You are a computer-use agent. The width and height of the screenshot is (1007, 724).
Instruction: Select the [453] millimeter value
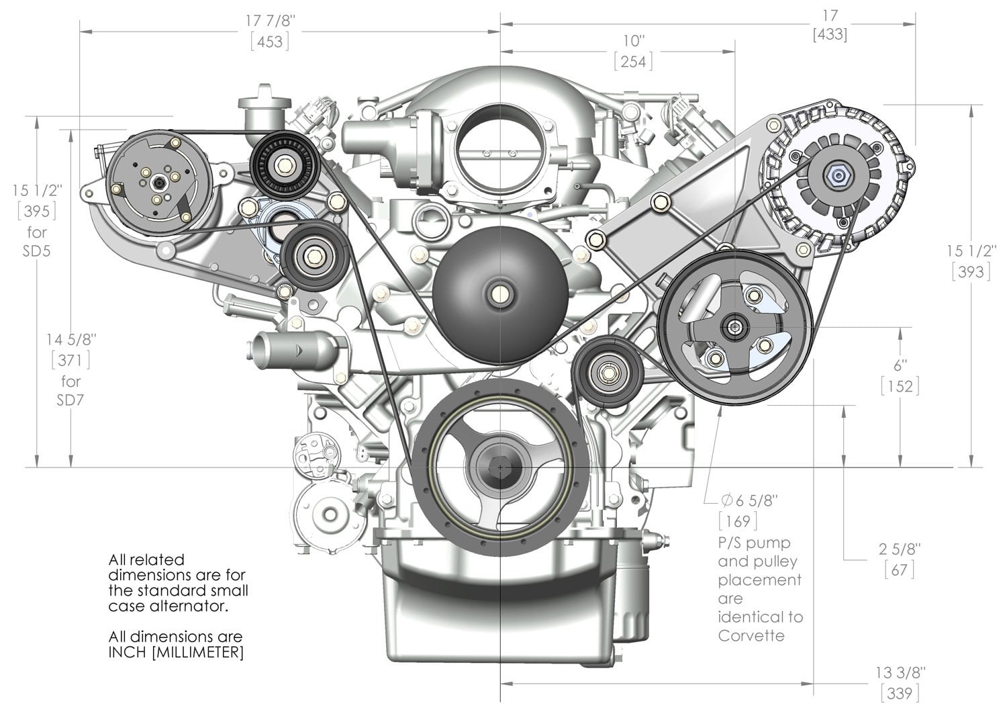tap(270, 42)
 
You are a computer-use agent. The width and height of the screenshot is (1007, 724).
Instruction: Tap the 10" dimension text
tap(632, 40)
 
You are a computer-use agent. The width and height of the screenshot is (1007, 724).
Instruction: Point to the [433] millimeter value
tap(829, 34)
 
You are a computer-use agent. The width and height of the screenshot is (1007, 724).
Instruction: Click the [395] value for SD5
tap(36, 212)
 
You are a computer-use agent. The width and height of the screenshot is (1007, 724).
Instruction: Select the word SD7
tap(70, 401)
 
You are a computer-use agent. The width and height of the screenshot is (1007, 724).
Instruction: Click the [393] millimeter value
tap(970, 271)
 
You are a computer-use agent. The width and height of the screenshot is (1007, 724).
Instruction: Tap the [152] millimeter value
tap(900, 386)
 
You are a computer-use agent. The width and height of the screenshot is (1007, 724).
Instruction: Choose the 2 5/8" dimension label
tap(900, 549)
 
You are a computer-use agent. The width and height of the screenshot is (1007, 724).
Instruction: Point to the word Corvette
tap(751, 635)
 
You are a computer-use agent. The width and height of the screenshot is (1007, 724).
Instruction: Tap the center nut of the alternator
tap(838, 177)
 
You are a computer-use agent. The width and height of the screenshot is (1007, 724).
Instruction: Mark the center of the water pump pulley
tap(499, 293)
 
